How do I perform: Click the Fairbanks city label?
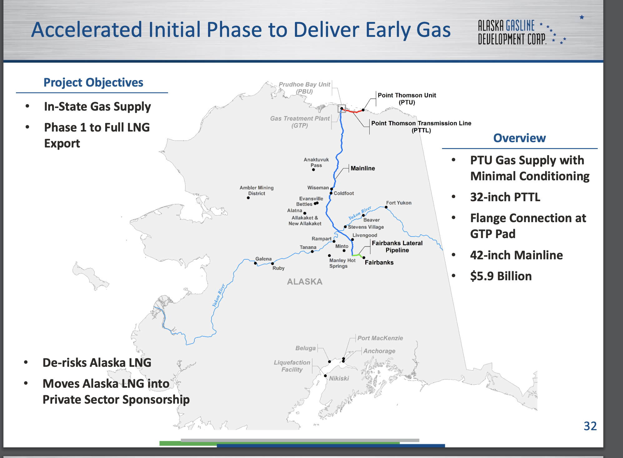coord(379,262)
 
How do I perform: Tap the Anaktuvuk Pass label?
coord(316,162)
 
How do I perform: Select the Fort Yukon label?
coord(399,203)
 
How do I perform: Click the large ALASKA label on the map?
coord(305,282)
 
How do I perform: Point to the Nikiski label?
coord(339,378)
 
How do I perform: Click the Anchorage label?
coord(379,351)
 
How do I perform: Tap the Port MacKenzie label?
coord(380,338)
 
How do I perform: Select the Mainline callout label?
coord(363,168)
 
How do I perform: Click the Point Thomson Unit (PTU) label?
coord(407,99)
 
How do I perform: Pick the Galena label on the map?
coord(263,259)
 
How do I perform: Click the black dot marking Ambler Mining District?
coord(248,198)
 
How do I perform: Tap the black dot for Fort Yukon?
coord(386,207)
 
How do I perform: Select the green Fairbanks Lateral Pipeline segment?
coord(357,256)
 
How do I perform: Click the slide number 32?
coord(590,426)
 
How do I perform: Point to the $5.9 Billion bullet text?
coord(501,276)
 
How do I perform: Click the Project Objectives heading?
coord(93,82)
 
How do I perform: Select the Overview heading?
coord(519,138)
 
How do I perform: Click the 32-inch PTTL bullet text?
coord(505,197)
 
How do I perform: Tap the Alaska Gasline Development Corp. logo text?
coord(512,32)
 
